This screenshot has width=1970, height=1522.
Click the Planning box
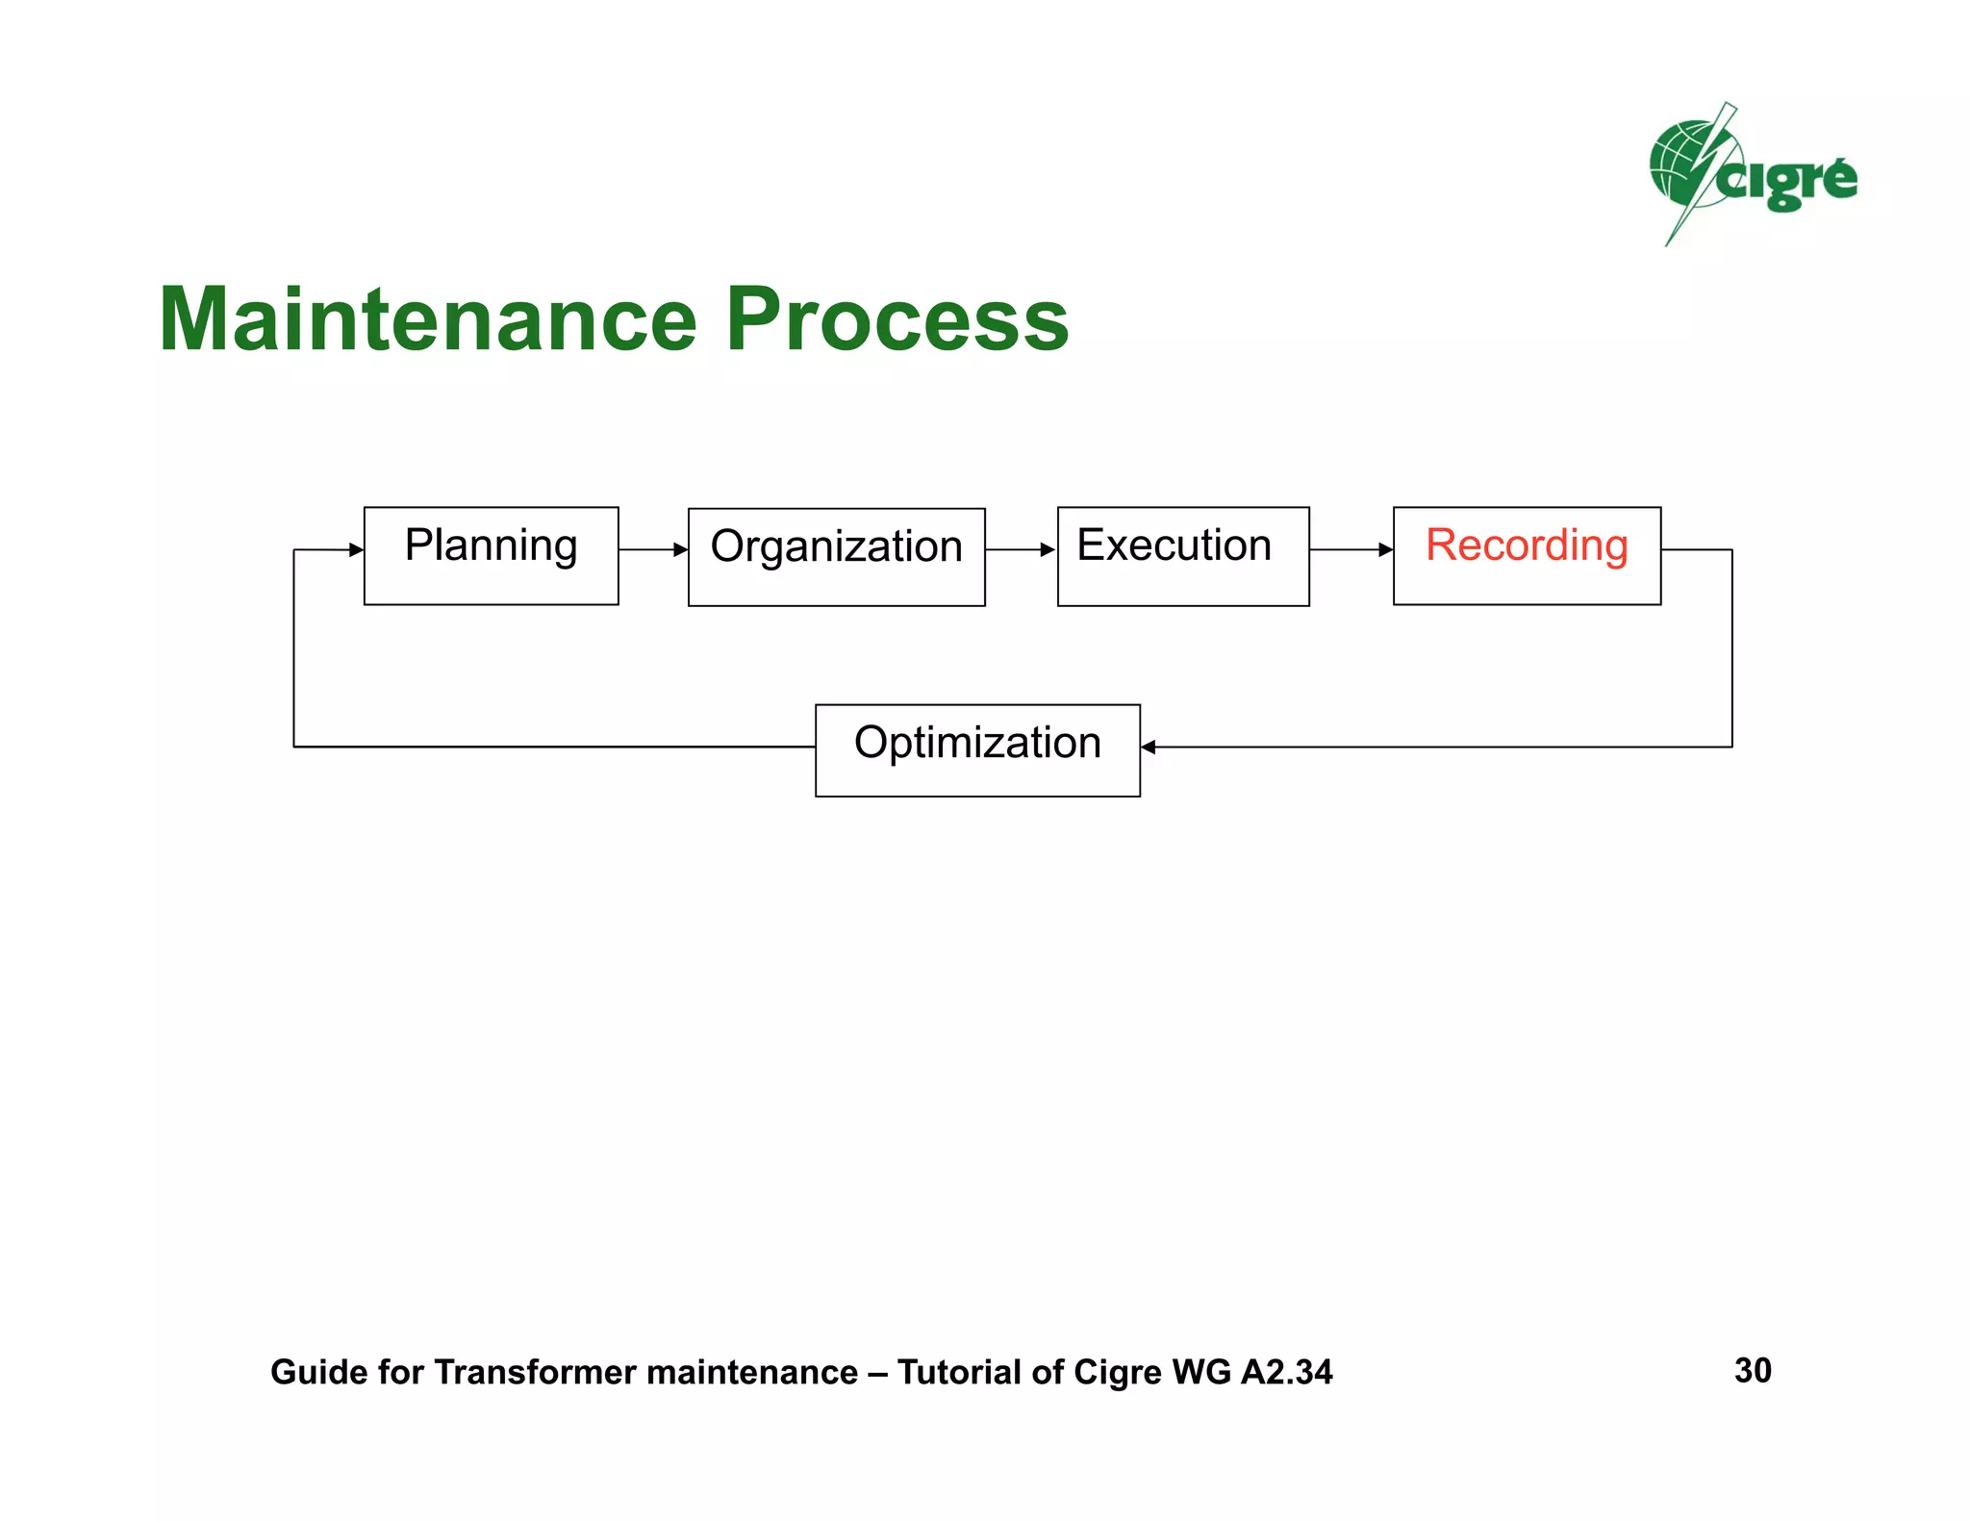click(x=491, y=556)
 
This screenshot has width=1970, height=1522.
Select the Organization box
click(x=836, y=557)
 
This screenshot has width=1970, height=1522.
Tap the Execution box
click(x=1182, y=556)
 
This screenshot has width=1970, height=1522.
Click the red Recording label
click(x=1527, y=545)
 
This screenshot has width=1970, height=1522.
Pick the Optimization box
click(x=977, y=750)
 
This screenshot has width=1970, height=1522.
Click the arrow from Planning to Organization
click(x=653, y=550)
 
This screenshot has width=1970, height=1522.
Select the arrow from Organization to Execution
click(x=1021, y=550)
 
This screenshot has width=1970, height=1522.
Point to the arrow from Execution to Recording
click(x=1351, y=550)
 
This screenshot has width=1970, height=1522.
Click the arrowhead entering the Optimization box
click(x=1149, y=747)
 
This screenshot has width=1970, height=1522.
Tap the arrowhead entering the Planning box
click(x=356, y=550)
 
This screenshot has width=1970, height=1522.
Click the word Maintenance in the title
click(x=427, y=320)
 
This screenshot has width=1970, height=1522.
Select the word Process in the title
click(x=897, y=320)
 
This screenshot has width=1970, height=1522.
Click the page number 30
click(x=1752, y=1370)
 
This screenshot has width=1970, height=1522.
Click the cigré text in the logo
click(x=1789, y=181)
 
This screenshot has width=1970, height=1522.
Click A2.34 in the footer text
click(x=1286, y=1372)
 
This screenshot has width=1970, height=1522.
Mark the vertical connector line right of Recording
click(x=1731, y=649)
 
